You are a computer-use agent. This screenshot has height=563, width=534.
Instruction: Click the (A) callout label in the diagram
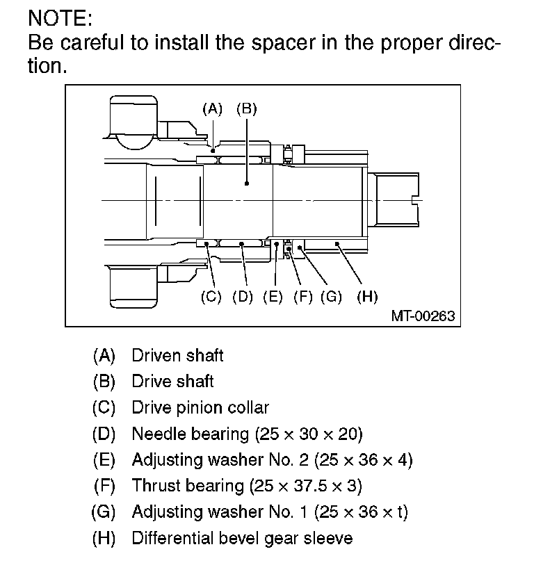tap(212, 108)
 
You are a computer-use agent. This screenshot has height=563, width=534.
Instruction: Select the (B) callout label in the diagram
tap(247, 108)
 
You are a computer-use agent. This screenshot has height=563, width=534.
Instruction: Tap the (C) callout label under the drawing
tap(211, 296)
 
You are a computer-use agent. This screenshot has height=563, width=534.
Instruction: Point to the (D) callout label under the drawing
tap(242, 296)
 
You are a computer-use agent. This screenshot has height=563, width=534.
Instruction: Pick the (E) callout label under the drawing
tap(273, 296)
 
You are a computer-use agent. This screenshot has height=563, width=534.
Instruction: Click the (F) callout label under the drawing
tap(303, 296)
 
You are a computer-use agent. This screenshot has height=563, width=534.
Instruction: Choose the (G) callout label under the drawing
tap(332, 296)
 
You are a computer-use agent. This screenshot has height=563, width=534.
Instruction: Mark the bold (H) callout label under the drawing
tap(366, 296)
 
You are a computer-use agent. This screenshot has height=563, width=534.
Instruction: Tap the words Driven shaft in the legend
tap(177, 356)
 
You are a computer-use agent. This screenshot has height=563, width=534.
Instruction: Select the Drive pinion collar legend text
tap(200, 408)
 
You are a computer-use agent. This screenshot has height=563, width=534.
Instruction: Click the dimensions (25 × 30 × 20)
tap(309, 434)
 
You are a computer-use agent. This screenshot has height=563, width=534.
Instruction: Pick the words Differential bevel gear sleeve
tap(242, 538)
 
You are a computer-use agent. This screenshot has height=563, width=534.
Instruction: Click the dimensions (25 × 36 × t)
tap(361, 512)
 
